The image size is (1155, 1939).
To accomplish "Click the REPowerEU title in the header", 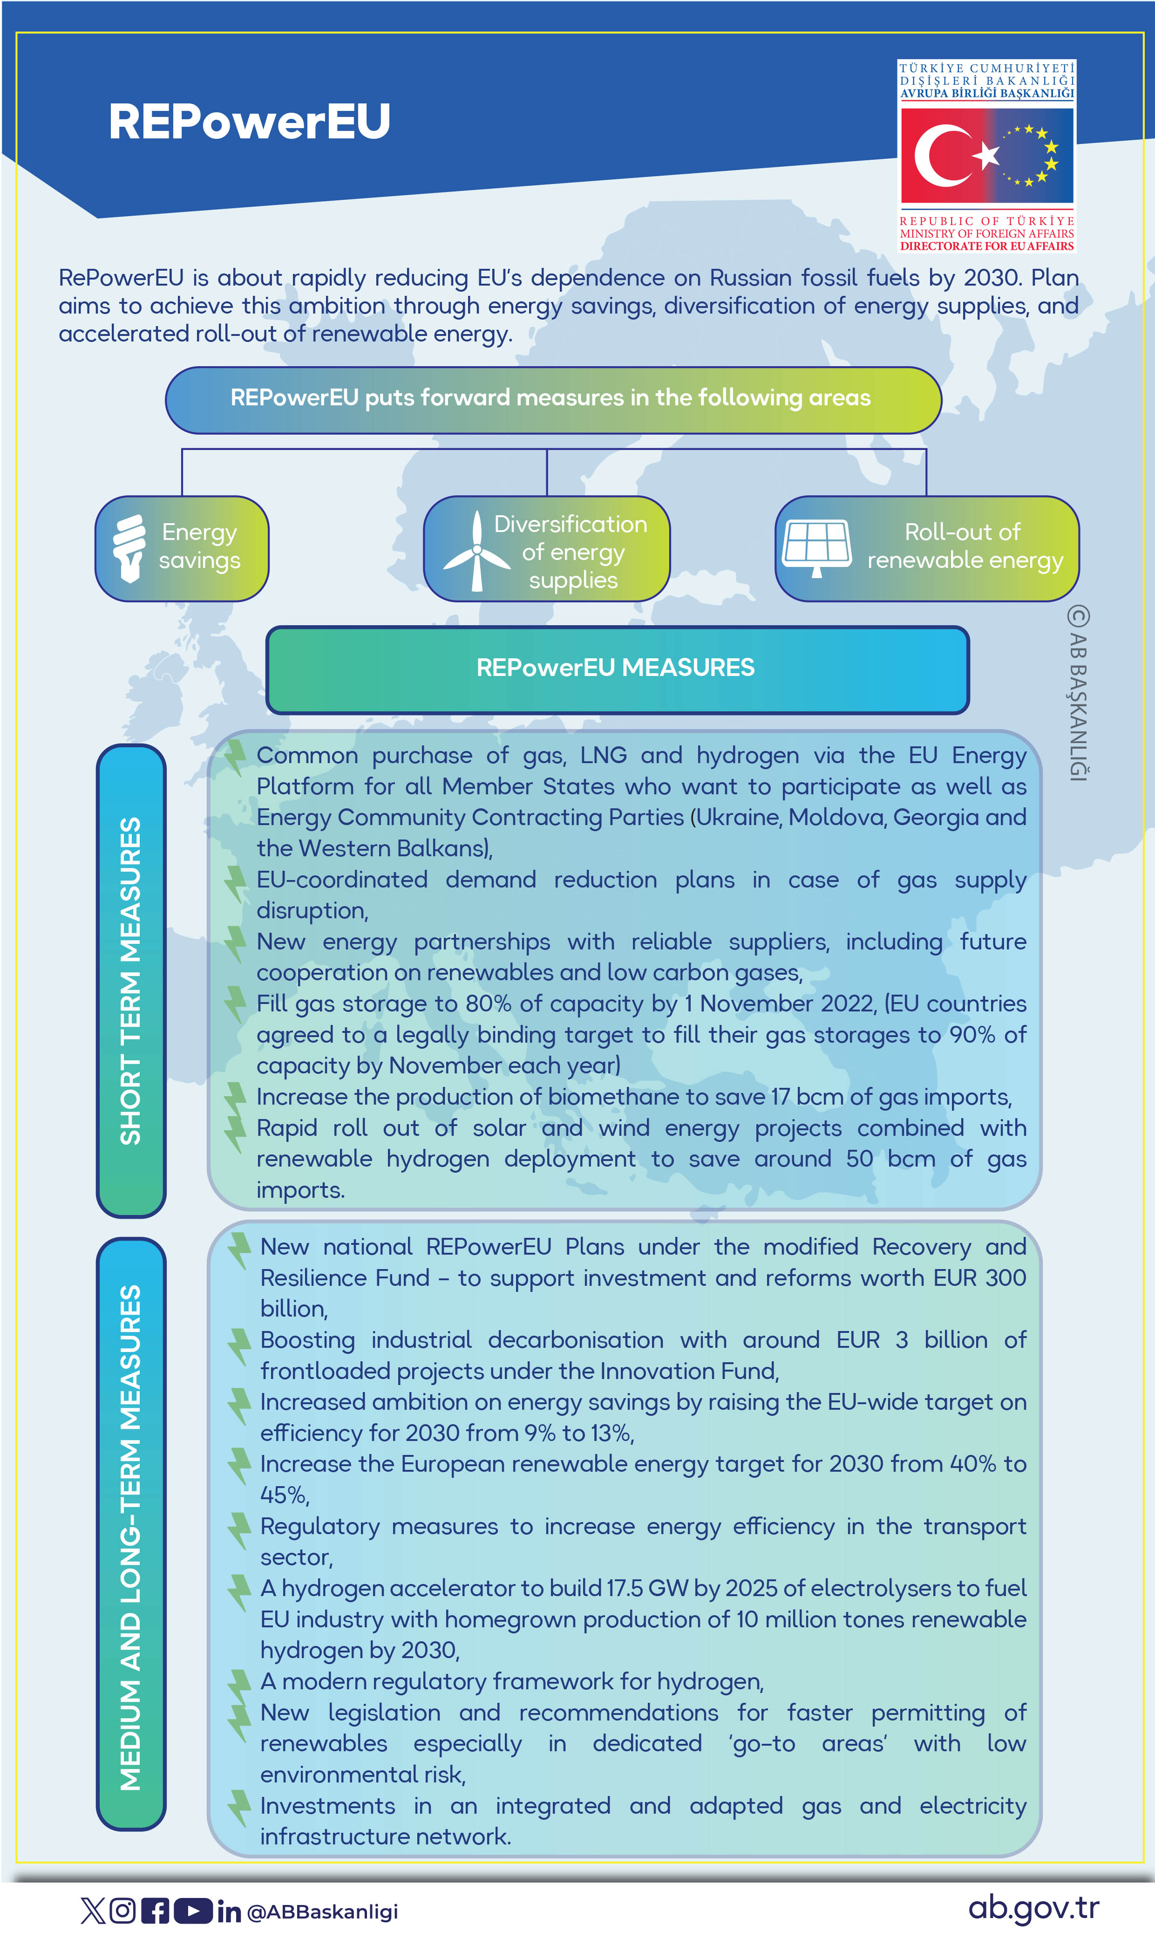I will (x=249, y=122).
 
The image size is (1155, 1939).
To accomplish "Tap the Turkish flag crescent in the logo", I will (x=938, y=156).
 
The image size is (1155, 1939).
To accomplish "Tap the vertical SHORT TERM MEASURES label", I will (x=131, y=980).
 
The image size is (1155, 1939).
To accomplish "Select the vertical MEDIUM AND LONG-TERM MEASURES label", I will (x=131, y=1537).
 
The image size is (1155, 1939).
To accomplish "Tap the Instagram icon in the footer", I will (x=122, y=1910).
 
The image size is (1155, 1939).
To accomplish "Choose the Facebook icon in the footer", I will (x=155, y=1910).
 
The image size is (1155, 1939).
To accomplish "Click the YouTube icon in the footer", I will (x=192, y=1910).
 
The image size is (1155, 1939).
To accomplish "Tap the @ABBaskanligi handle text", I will (x=322, y=1912).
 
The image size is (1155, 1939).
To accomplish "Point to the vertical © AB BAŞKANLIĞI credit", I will (x=1078, y=693).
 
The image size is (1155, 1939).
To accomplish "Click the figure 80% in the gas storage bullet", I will (x=488, y=1004).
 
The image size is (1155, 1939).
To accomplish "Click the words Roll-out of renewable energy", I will (x=965, y=546).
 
